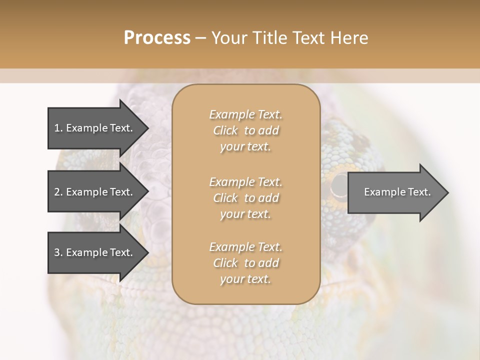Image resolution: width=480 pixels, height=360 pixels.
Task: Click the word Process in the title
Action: coord(157,38)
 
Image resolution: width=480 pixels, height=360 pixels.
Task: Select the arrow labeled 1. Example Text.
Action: coord(95,128)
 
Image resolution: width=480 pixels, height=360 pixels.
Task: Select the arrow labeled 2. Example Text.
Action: coord(95,192)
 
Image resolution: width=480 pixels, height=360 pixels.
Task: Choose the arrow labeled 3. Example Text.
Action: coord(95,252)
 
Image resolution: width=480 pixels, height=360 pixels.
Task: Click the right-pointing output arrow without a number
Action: coord(395,192)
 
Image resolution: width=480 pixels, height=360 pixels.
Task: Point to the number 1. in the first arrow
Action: coord(58,128)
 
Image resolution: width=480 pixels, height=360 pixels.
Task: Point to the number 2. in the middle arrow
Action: coord(58,192)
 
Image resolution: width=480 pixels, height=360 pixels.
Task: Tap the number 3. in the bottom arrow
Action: coord(58,252)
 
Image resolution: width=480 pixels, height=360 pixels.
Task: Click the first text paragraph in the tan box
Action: coord(245,130)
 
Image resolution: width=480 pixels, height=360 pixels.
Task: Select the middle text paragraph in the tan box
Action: coord(245,198)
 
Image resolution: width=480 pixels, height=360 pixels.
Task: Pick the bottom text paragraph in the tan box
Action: coord(245,263)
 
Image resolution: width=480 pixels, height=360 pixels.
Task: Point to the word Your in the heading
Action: coord(230,38)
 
